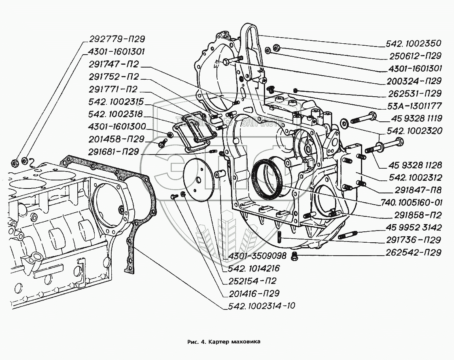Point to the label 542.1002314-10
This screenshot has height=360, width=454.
click(x=259, y=306)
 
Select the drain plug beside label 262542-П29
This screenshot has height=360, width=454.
click(x=294, y=255)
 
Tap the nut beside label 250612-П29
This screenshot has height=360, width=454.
click(x=276, y=48)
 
